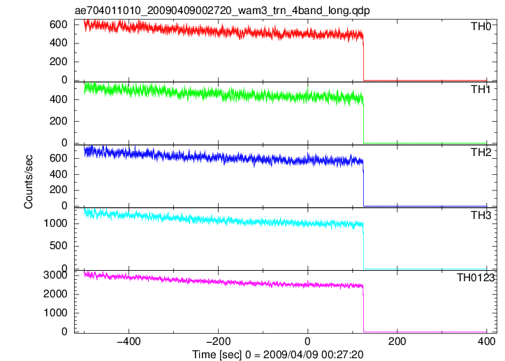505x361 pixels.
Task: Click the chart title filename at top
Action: [222, 10]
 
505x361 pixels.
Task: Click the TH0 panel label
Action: [481, 27]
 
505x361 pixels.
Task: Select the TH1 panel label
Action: [481, 90]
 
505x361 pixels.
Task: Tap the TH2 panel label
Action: [481, 153]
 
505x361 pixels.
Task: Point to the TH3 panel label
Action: [481, 215]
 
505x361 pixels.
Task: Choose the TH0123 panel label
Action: [476, 278]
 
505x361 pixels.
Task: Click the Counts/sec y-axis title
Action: [29, 182]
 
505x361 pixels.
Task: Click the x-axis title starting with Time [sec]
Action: [277, 355]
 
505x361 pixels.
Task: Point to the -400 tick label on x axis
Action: [129, 341]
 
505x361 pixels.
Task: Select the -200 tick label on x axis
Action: [219, 341]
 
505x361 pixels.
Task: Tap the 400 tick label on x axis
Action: [486, 341]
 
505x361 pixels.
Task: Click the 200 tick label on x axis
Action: [397, 341]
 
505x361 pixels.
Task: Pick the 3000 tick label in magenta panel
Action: [55, 275]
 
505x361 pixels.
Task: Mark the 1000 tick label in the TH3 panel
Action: [55, 223]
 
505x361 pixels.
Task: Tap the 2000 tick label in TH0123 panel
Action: [55, 294]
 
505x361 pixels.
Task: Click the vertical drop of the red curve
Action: [363, 59]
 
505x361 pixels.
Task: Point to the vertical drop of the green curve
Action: [363, 123]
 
